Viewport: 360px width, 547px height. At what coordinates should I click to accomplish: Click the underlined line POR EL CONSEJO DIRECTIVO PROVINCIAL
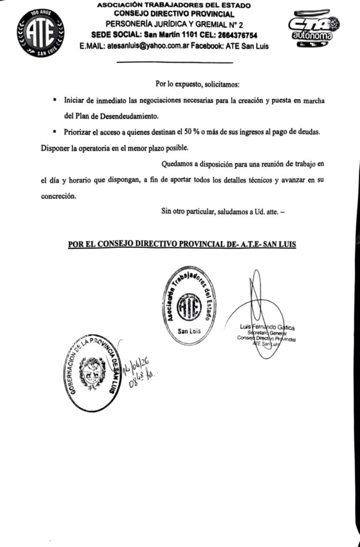point(182,244)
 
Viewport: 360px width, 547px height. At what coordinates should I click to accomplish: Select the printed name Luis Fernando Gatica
point(268,327)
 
